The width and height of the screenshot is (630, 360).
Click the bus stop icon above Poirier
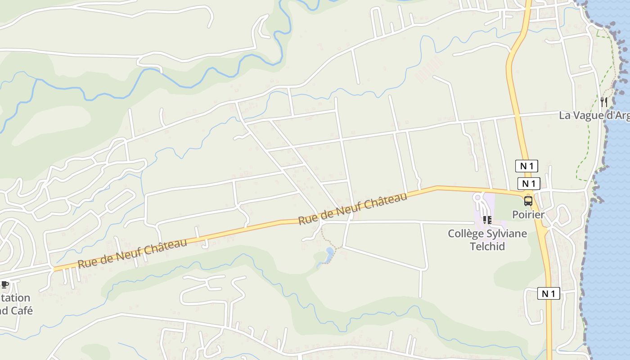click(x=528, y=201)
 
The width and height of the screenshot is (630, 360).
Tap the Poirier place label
click(x=528, y=215)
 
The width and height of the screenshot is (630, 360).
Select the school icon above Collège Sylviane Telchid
click(x=487, y=220)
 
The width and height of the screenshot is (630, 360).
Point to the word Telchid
click(x=487, y=246)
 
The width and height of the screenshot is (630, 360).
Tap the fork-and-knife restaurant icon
click(x=603, y=102)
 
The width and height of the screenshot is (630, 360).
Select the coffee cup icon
click(x=5, y=284)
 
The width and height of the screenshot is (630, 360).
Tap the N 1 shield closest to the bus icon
click(x=529, y=184)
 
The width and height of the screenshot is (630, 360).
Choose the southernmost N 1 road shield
click(x=549, y=294)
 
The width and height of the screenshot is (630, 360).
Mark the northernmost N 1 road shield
click(x=526, y=166)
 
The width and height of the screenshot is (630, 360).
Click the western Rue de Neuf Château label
click(x=132, y=253)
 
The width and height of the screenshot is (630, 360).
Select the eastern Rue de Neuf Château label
click(x=353, y=208)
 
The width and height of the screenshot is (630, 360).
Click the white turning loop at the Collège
click(x=478, y=198)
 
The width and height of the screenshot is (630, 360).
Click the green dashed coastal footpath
click(x=588, y=130)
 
